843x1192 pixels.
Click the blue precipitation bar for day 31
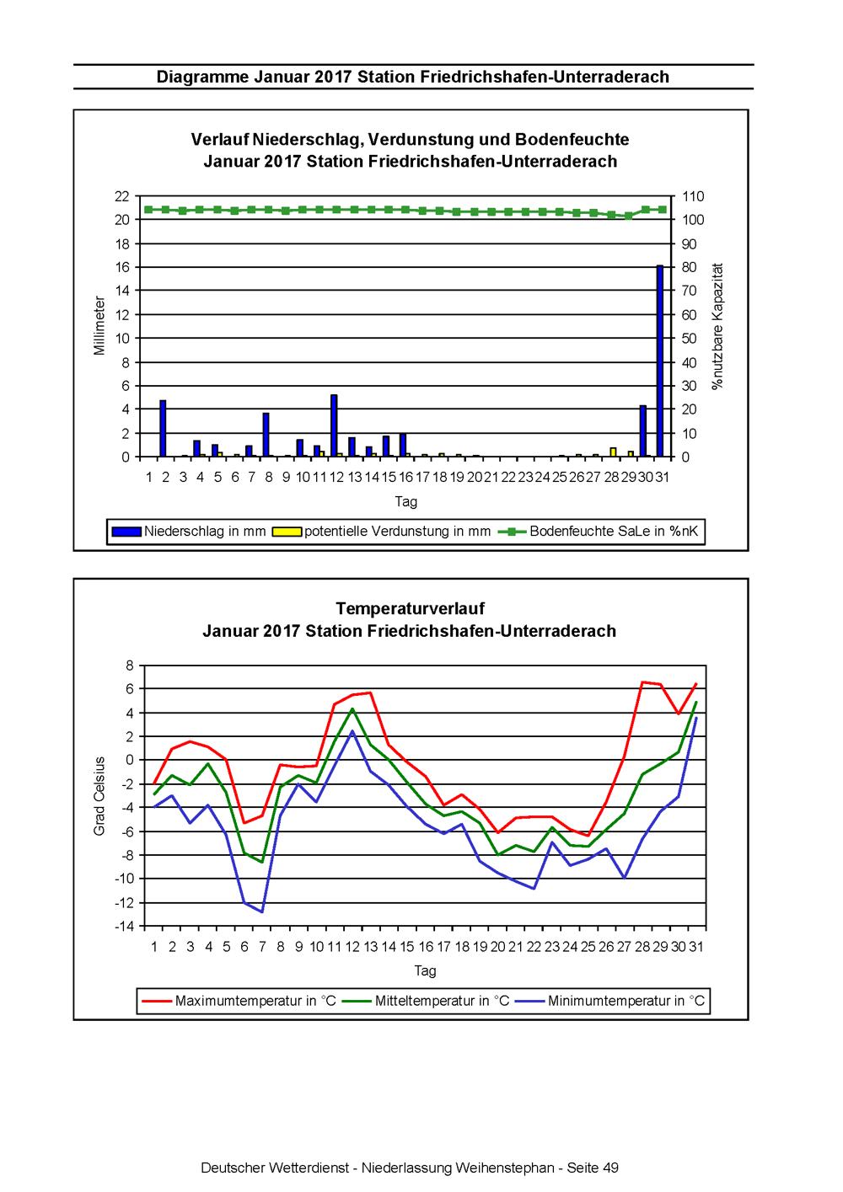click(x=660, y=361)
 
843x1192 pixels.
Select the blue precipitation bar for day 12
click(x=334, y=425)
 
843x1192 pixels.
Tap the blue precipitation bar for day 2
click(x=163, y=429)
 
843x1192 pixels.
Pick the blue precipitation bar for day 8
click(x=266, y=435)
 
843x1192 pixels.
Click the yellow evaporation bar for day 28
click(x=614, y=452)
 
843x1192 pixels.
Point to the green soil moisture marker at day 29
click(x=628, y=216)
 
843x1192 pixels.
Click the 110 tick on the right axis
click(x=693, y=196)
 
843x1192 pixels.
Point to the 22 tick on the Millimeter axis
click(x=122, y=196)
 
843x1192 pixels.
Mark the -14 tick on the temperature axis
click(x=125, y=927)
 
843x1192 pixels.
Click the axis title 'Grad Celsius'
click(x=99, y=795)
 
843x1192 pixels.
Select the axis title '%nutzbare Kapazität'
click(x=718, y=326)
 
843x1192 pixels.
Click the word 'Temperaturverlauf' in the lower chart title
click(x=410, y=608)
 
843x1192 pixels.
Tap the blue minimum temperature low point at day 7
click(x=262, y=911)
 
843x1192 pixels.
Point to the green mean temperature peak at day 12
click(x=352, y=708)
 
